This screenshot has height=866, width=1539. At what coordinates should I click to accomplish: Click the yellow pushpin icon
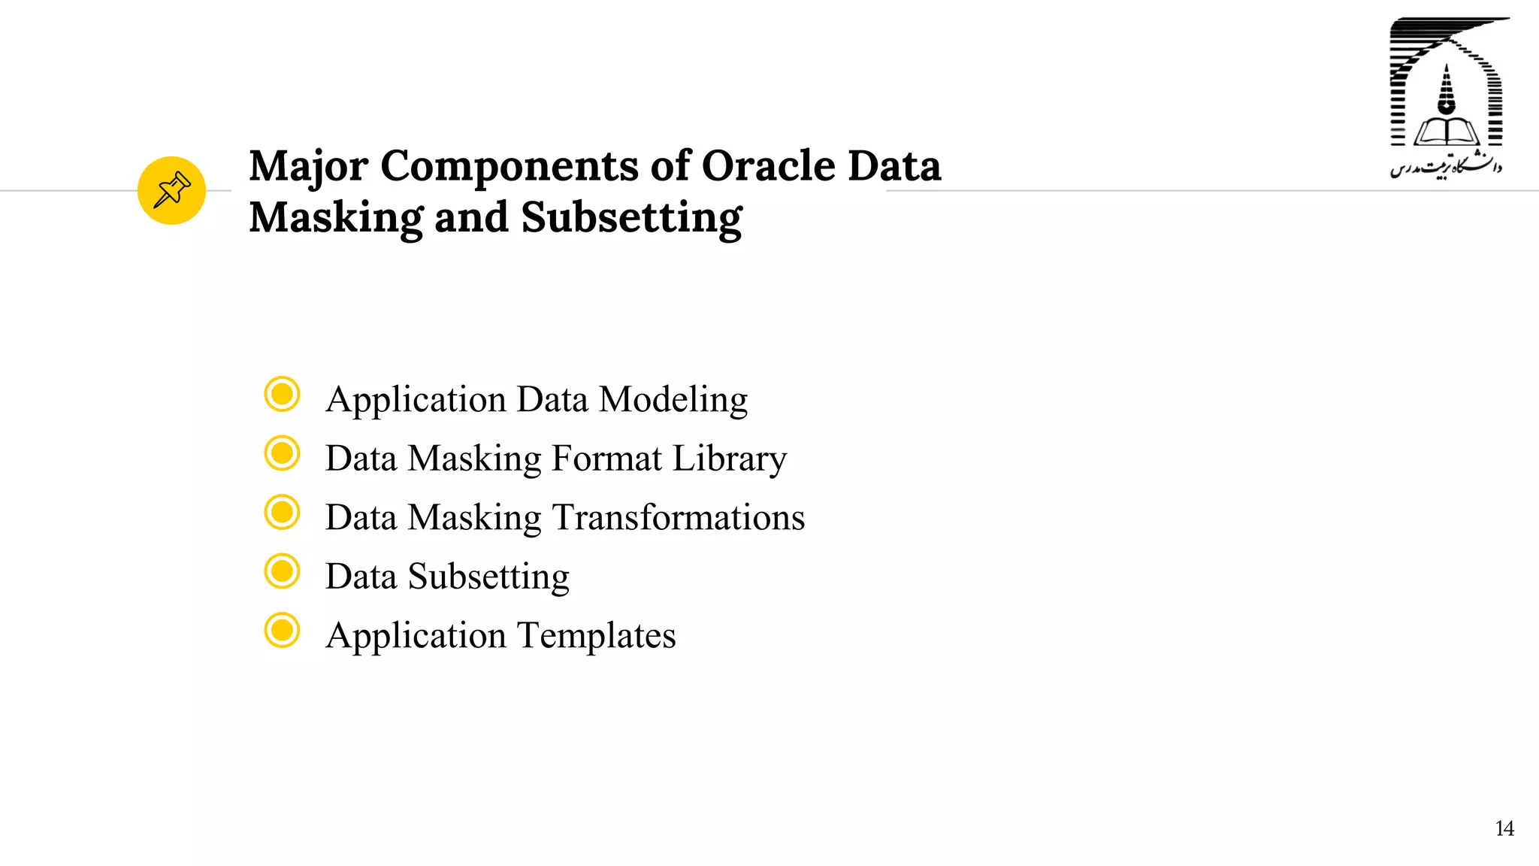coord(171,190)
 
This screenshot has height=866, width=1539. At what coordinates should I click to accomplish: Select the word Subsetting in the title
coord(631,219)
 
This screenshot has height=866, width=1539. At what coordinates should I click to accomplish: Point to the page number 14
coord(1504,828)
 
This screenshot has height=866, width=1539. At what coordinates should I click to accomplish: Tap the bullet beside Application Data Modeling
coord(283,394)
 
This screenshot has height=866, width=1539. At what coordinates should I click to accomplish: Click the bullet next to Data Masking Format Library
coord(283,453)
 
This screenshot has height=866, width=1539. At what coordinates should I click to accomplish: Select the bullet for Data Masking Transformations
coord(283,512)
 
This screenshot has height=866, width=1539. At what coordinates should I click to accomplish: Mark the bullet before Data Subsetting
coord(283,571)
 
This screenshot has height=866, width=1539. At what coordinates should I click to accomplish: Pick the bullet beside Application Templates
coord(283,630)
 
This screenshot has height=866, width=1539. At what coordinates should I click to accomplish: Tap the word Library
coord(729,459)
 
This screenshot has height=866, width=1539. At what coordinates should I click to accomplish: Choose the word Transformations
coord(679,517)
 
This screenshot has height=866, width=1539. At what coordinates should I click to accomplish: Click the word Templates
coord(597,636)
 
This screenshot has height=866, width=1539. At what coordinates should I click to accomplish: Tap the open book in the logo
coord(1446,132)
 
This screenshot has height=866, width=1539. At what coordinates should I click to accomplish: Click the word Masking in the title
coord(336,219)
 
